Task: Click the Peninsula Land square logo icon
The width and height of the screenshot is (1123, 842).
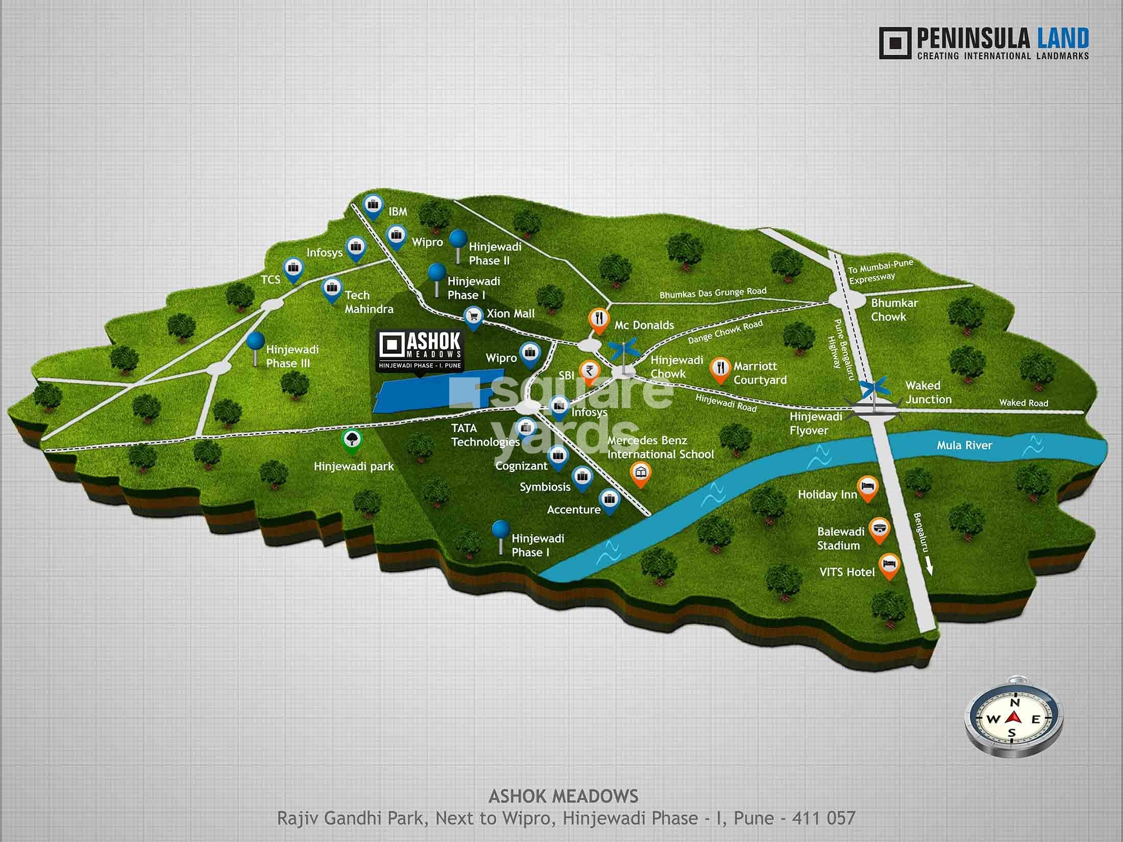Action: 895,43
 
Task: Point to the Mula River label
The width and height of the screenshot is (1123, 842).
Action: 964,445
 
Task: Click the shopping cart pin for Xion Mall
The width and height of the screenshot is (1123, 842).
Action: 474,317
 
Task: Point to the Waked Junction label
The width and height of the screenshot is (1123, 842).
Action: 927,392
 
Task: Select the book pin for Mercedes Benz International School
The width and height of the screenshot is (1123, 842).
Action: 640,473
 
